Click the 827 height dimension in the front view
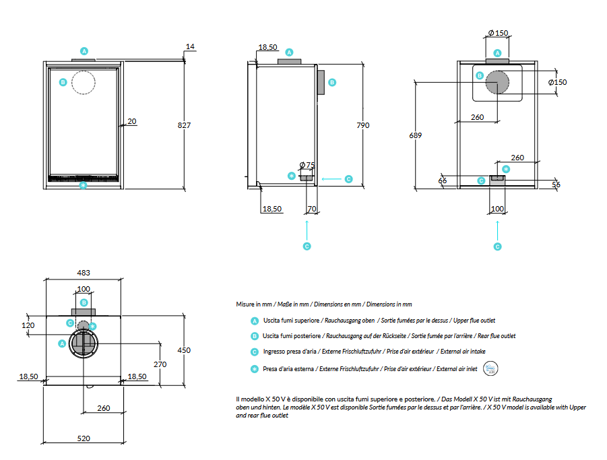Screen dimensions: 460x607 (184, 125)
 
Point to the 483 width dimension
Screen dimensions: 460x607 (84, 273)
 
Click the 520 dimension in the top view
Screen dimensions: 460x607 (84, 438)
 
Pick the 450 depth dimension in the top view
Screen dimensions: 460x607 (184, 350)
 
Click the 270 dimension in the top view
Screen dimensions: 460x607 (160, 364)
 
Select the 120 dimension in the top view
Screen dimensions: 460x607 (28, 325)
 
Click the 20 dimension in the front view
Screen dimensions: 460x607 (131, 121)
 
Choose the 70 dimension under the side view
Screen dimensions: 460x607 (311, 209)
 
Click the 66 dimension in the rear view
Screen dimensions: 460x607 (443, 180)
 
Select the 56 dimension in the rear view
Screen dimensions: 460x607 (556, 185)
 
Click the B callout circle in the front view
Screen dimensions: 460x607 (62, 82)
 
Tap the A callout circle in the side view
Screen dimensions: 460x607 (290, 52)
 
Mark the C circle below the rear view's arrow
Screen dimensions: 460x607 (497, 247)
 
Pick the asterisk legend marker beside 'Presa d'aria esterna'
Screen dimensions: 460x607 (254, 368)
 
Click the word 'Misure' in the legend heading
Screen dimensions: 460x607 (245, 304)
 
